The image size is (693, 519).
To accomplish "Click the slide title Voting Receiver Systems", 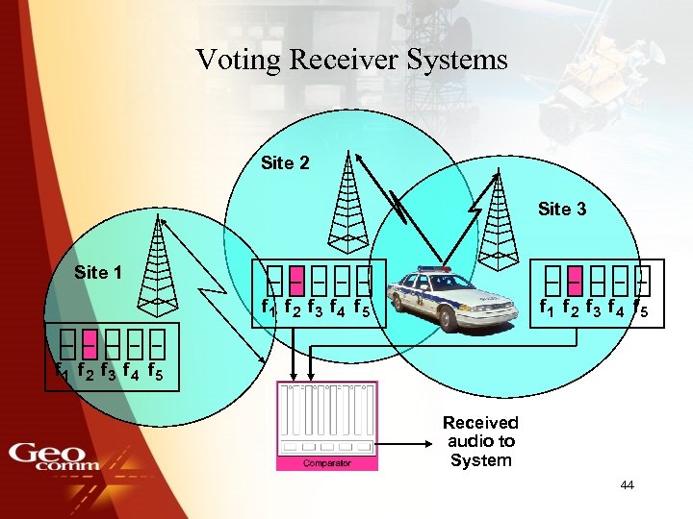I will [351, 60].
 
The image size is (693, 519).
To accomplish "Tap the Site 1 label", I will [97, 273].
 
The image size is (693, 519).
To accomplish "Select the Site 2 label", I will [285, 163].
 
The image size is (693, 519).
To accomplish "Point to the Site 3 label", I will [562, 209].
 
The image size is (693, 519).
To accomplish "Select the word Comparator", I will [326, 463].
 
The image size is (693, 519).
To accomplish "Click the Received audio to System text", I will [480, 441].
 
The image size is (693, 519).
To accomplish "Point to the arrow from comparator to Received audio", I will [404, 444].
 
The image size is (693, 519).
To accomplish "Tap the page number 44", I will [627, 485].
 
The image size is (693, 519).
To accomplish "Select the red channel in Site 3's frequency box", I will [575, 280].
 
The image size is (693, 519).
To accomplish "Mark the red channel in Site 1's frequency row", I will [88, 342].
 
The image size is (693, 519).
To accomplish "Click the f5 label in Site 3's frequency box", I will [640, 309].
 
